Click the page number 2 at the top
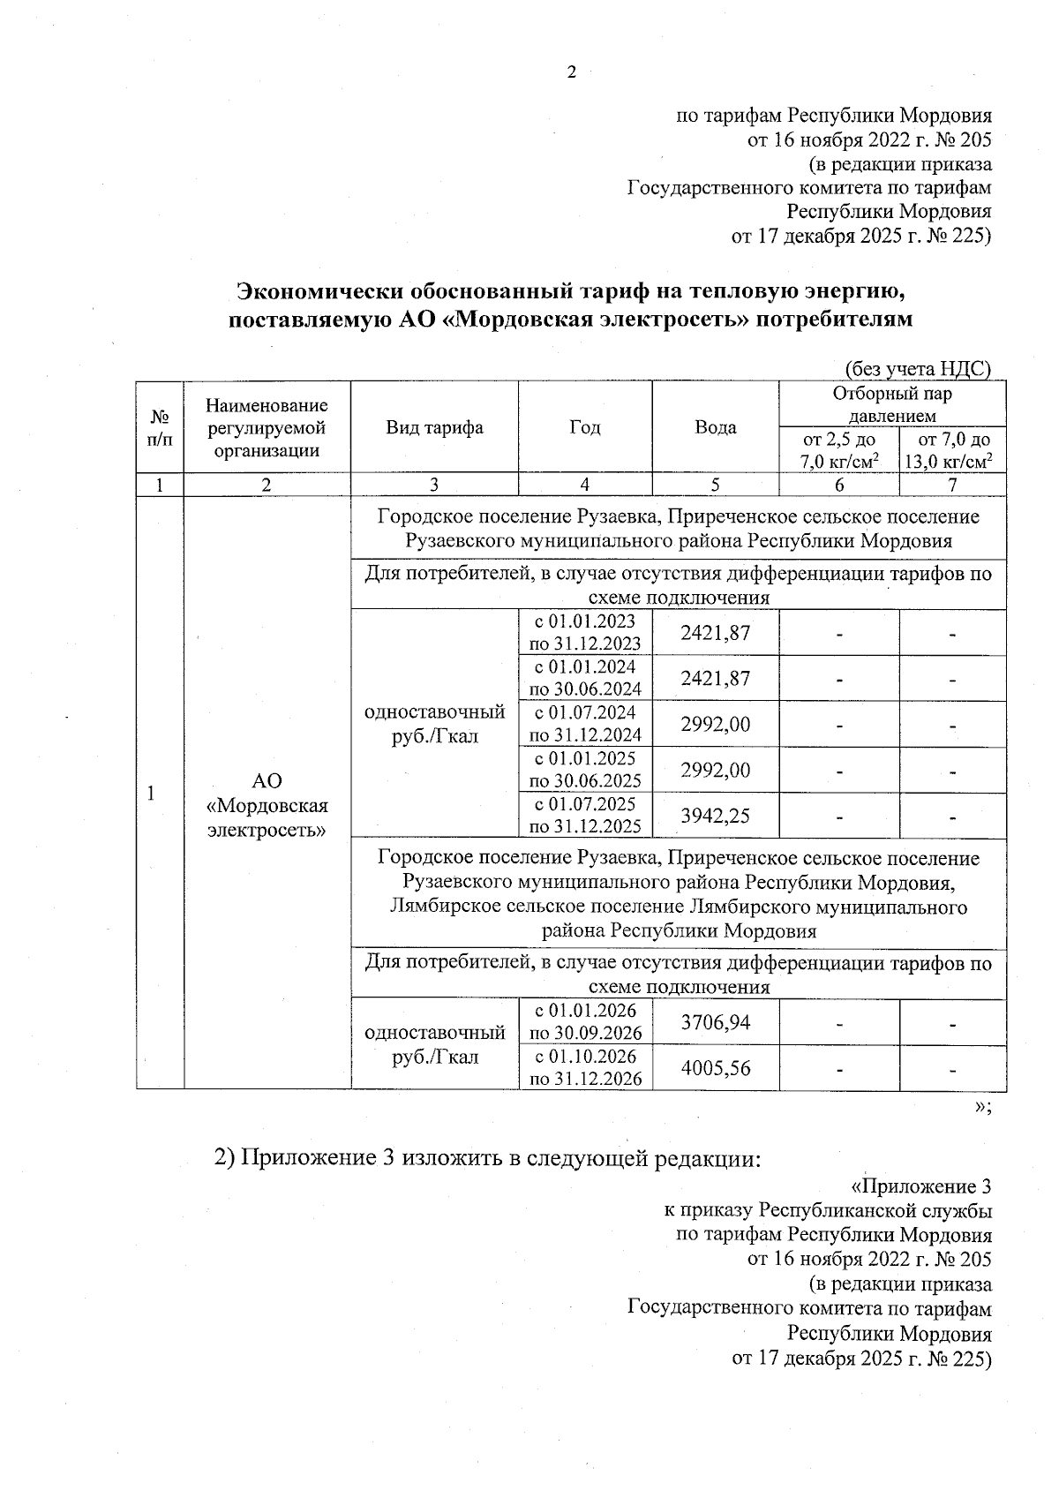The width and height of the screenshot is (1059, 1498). tap(571, 73)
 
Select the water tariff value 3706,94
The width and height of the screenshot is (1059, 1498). tap(715, 1022)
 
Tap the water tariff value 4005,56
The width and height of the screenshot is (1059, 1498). tap(715, 1068)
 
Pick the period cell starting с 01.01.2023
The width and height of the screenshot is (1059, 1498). tap(585, 632)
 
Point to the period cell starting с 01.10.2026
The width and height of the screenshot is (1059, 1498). tap(585, 1068)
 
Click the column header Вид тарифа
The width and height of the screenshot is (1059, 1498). tap(434, 428)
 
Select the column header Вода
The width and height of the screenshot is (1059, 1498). tap(715, 428)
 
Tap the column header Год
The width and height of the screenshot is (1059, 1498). tap(585, 428)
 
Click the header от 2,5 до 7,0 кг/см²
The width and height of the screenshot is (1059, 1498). tap(838, 450)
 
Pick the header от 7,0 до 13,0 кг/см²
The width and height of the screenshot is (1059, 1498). tap(953, 450)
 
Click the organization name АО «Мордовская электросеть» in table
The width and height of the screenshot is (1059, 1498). tap(267, 805)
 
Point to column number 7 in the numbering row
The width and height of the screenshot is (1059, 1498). tap(952, 485)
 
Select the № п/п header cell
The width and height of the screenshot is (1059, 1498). tap(160, 428)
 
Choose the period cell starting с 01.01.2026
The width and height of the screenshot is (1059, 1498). tap(585, 1022)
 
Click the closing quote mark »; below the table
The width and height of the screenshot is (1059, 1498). tap(982, 1108)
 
